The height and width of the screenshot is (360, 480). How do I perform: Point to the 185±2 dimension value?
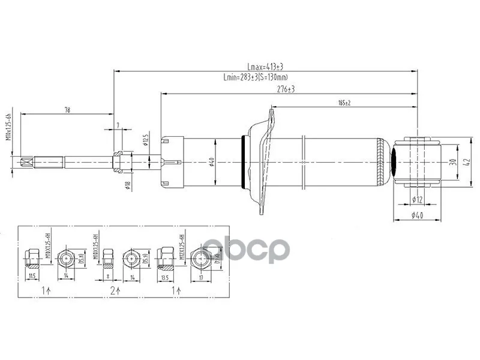(x=344, y=103)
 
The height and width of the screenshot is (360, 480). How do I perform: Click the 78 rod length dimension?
(x=67, y=110)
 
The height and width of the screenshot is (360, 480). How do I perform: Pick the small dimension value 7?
(x=118, y=125)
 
